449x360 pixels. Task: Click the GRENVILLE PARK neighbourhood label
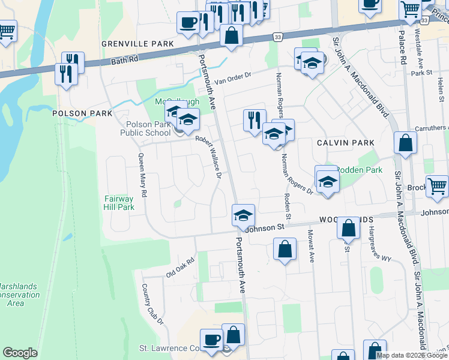tap(137, 44)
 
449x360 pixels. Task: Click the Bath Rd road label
tap(125, 61)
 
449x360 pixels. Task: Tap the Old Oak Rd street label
tap(181, 268)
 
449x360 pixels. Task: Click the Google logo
tap(20, 353)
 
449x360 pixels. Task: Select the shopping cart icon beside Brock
tap(437, 186)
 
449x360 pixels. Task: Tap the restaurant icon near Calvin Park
tap(255, 120)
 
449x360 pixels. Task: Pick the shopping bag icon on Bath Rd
tap(232, 35)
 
